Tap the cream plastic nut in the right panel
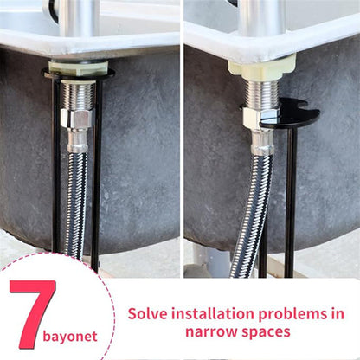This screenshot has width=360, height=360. click(x=261, y=64)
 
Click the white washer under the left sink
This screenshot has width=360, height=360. click(x=78, y=67)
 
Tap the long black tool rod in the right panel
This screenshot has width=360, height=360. click(x=291, y=199)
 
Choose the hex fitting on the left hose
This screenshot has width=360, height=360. click(x=78, y=138)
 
